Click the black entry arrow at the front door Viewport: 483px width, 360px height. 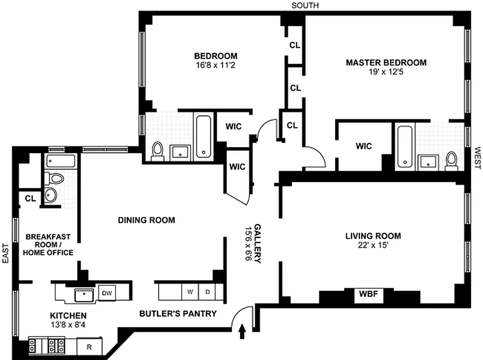pos(242,332)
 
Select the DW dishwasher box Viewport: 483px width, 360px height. pos(107,293)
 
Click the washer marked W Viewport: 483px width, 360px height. pos(190,292)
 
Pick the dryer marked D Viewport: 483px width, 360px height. pos(207,292)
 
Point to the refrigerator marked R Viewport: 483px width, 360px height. pos(89,347)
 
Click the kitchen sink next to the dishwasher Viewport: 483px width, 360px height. pos(84,295)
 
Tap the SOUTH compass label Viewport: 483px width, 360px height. pos(305,5)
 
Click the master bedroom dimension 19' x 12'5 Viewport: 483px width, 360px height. pos(386,71)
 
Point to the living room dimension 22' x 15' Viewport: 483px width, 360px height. pos(373,245)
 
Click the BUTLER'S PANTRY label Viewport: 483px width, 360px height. pos(178,314)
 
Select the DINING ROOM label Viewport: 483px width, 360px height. pos(146,220)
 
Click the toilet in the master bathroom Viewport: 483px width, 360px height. pos(451,161)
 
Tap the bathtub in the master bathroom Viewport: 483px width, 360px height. pos(405,147)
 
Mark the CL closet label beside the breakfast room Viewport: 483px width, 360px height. pos(30,198)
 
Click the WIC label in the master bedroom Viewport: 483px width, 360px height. pos(363,146)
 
